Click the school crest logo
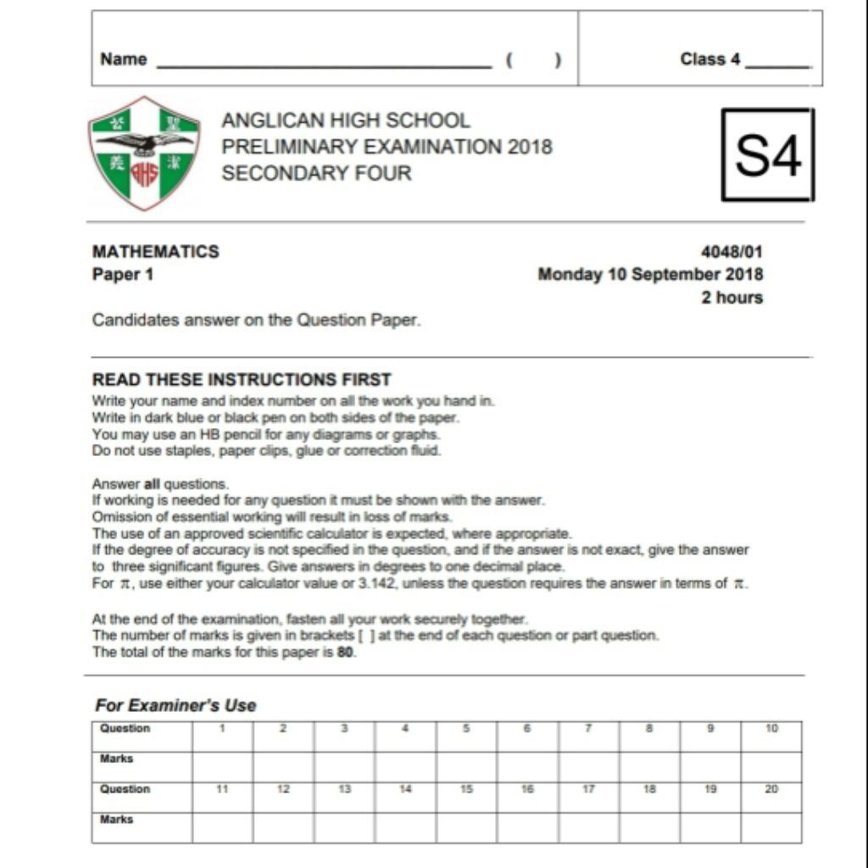click(144, 153)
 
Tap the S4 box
click(768, 154)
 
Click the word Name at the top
click(124, 59)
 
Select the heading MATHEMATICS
click(156, 252)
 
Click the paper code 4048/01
click(732, 252)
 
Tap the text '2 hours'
click(732, 298)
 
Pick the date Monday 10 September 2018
click(650, 275)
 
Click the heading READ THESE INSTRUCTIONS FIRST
click(242, 380)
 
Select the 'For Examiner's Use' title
click(175, 705)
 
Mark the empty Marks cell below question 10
click(771, 766)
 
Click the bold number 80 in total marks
click(346, 653)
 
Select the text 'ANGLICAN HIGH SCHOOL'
click(346, 120)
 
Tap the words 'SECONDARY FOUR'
click(316, 174)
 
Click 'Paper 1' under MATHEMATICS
click(123, 275)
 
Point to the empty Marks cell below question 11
click(222, 827)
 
